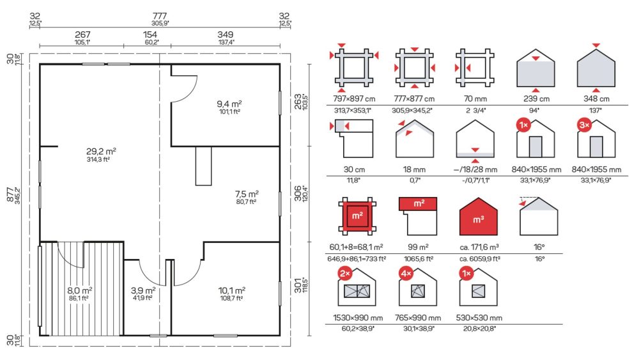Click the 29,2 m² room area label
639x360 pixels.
[101, 152]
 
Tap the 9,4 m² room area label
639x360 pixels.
[229, 104]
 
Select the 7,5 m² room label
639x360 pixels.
[247, 194]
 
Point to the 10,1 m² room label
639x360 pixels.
[231, 291]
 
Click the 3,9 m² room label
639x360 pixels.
[143, 291]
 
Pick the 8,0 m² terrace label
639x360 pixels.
[79, 291]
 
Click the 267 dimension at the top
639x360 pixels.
[82, 35]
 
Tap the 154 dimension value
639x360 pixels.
[150, 35]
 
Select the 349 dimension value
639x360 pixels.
[226, 35]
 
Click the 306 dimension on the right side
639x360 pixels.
[298, 193]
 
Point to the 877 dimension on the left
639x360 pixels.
[11, 194]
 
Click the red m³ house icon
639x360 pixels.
[479, 217]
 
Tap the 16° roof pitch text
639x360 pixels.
[539, 247]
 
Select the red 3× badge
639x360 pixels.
[585, 125]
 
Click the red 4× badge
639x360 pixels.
[406, 274]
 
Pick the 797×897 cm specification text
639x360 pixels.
[354, 98]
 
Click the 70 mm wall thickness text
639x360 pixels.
[475, 98]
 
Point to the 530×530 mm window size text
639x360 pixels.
[479, 318]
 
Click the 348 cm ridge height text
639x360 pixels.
[596, 98]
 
